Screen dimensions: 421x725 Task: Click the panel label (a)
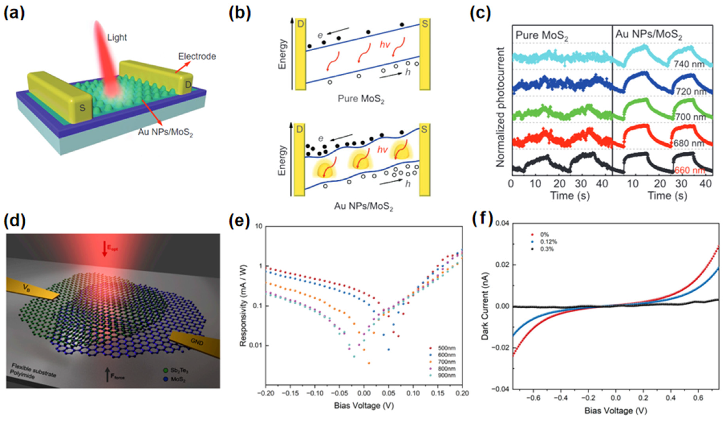(14, 13)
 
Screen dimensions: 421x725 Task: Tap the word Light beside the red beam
(117, 37)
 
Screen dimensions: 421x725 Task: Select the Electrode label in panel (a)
(197, 56)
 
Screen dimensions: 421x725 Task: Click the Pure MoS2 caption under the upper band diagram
(361, 99)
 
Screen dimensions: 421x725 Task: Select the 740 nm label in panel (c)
(689, 64)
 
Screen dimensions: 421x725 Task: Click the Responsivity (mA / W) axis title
(243, 305)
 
